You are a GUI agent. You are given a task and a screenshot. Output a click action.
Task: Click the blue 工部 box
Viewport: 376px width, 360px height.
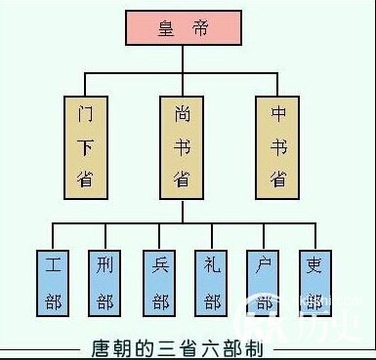[53, 281]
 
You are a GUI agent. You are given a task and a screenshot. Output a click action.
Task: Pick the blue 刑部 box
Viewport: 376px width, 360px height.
[106, 281]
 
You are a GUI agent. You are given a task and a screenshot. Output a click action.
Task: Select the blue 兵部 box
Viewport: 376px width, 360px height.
[160, 281]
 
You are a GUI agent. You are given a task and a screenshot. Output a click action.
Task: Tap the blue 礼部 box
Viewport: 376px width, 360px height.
[213, 281]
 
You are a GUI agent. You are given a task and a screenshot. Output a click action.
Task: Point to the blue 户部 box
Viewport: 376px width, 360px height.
[265, 281]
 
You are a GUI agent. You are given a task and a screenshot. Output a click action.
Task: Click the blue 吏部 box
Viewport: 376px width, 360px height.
[315, 281]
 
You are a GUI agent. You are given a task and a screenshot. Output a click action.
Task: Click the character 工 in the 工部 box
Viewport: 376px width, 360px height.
[53, 264]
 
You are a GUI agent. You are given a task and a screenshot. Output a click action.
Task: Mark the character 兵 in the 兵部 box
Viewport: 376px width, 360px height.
[160, 264]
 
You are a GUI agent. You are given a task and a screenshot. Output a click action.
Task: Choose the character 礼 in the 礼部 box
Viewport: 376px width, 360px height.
[213, 264]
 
